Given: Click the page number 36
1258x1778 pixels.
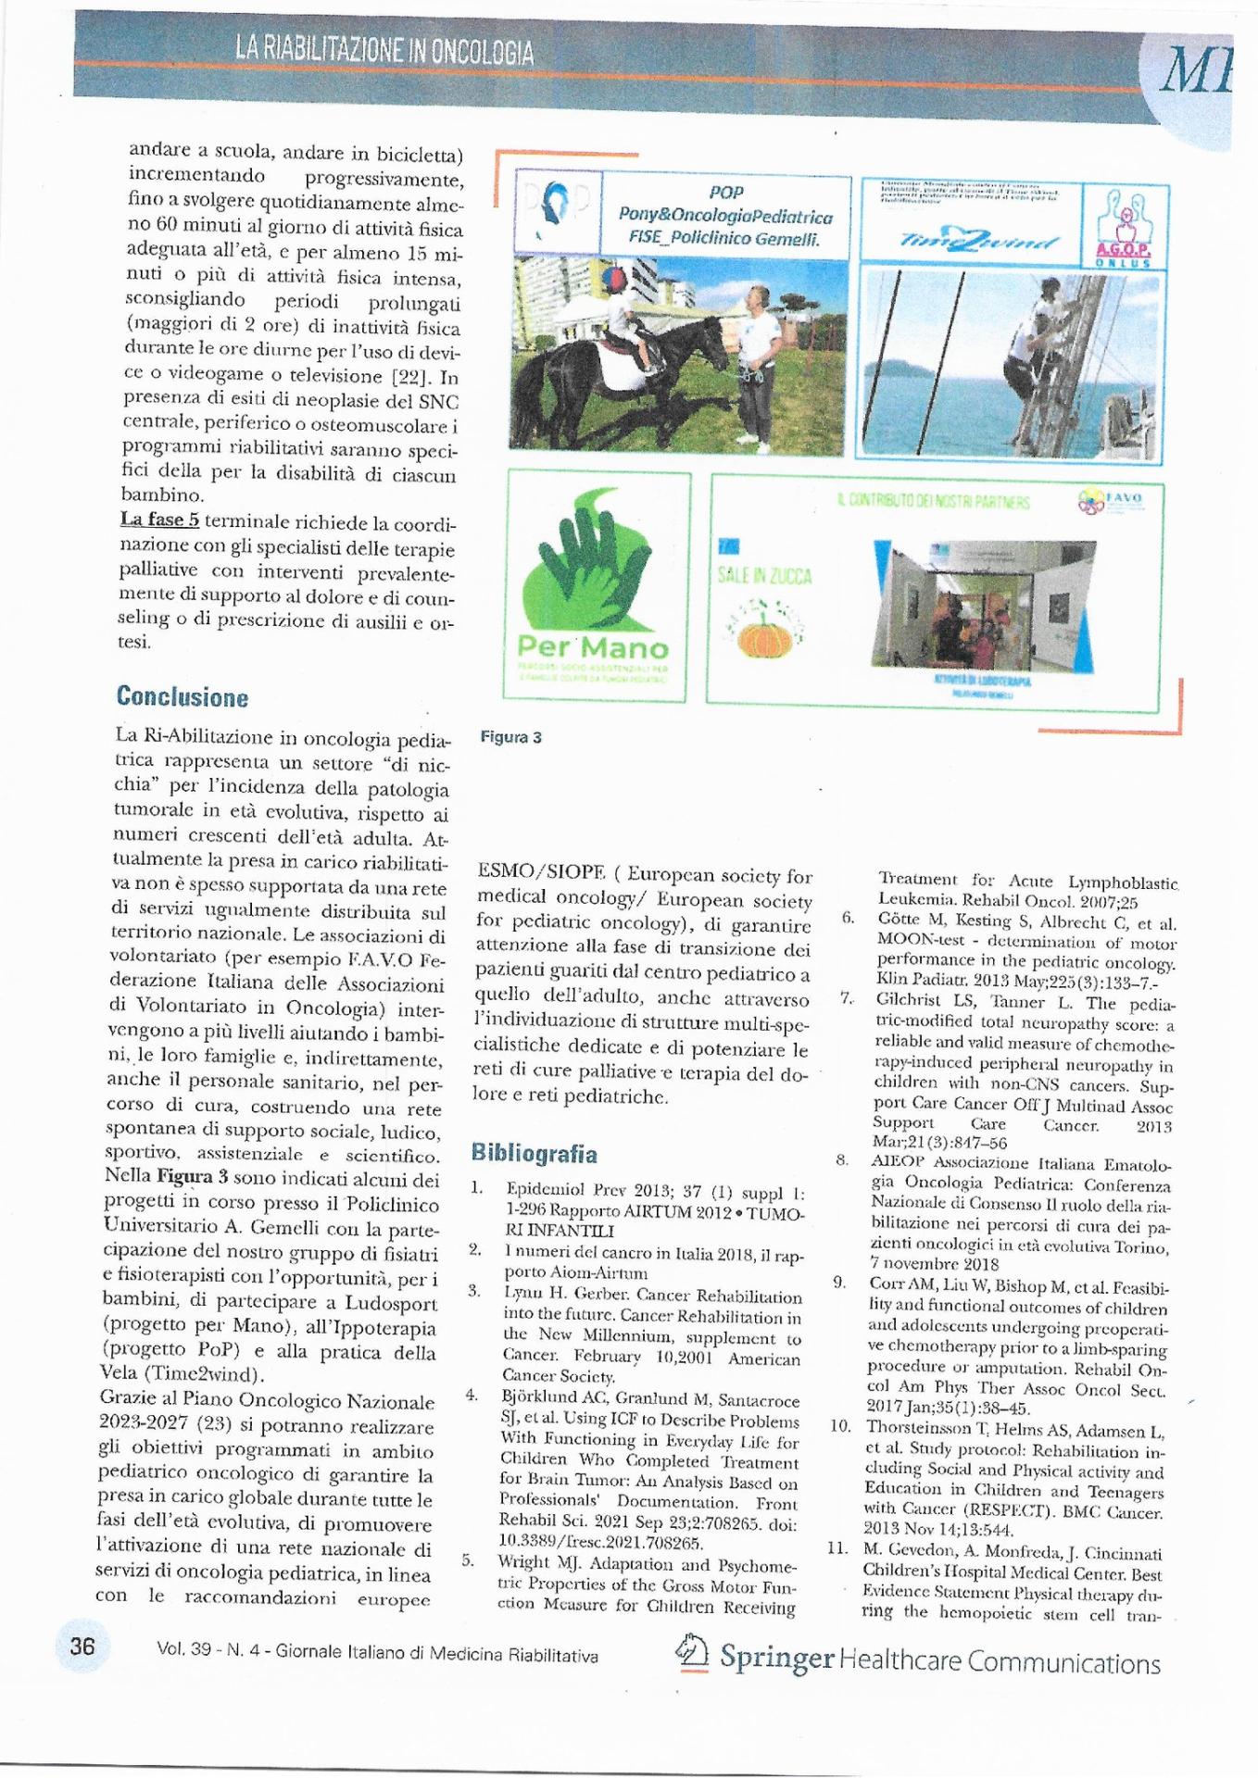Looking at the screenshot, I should [x=82, y=1647].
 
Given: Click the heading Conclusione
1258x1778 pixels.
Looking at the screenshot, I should [x=182, y=696].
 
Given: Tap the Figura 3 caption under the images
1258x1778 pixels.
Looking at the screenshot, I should [x=510, y=737].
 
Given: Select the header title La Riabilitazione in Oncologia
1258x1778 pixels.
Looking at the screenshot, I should [x=384, y=50].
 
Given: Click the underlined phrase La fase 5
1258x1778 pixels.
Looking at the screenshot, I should [x=159, y=520].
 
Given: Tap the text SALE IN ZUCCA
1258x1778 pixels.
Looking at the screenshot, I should [x=764, y=576].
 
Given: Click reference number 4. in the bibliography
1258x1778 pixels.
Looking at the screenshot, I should [x=472, y=1395].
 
